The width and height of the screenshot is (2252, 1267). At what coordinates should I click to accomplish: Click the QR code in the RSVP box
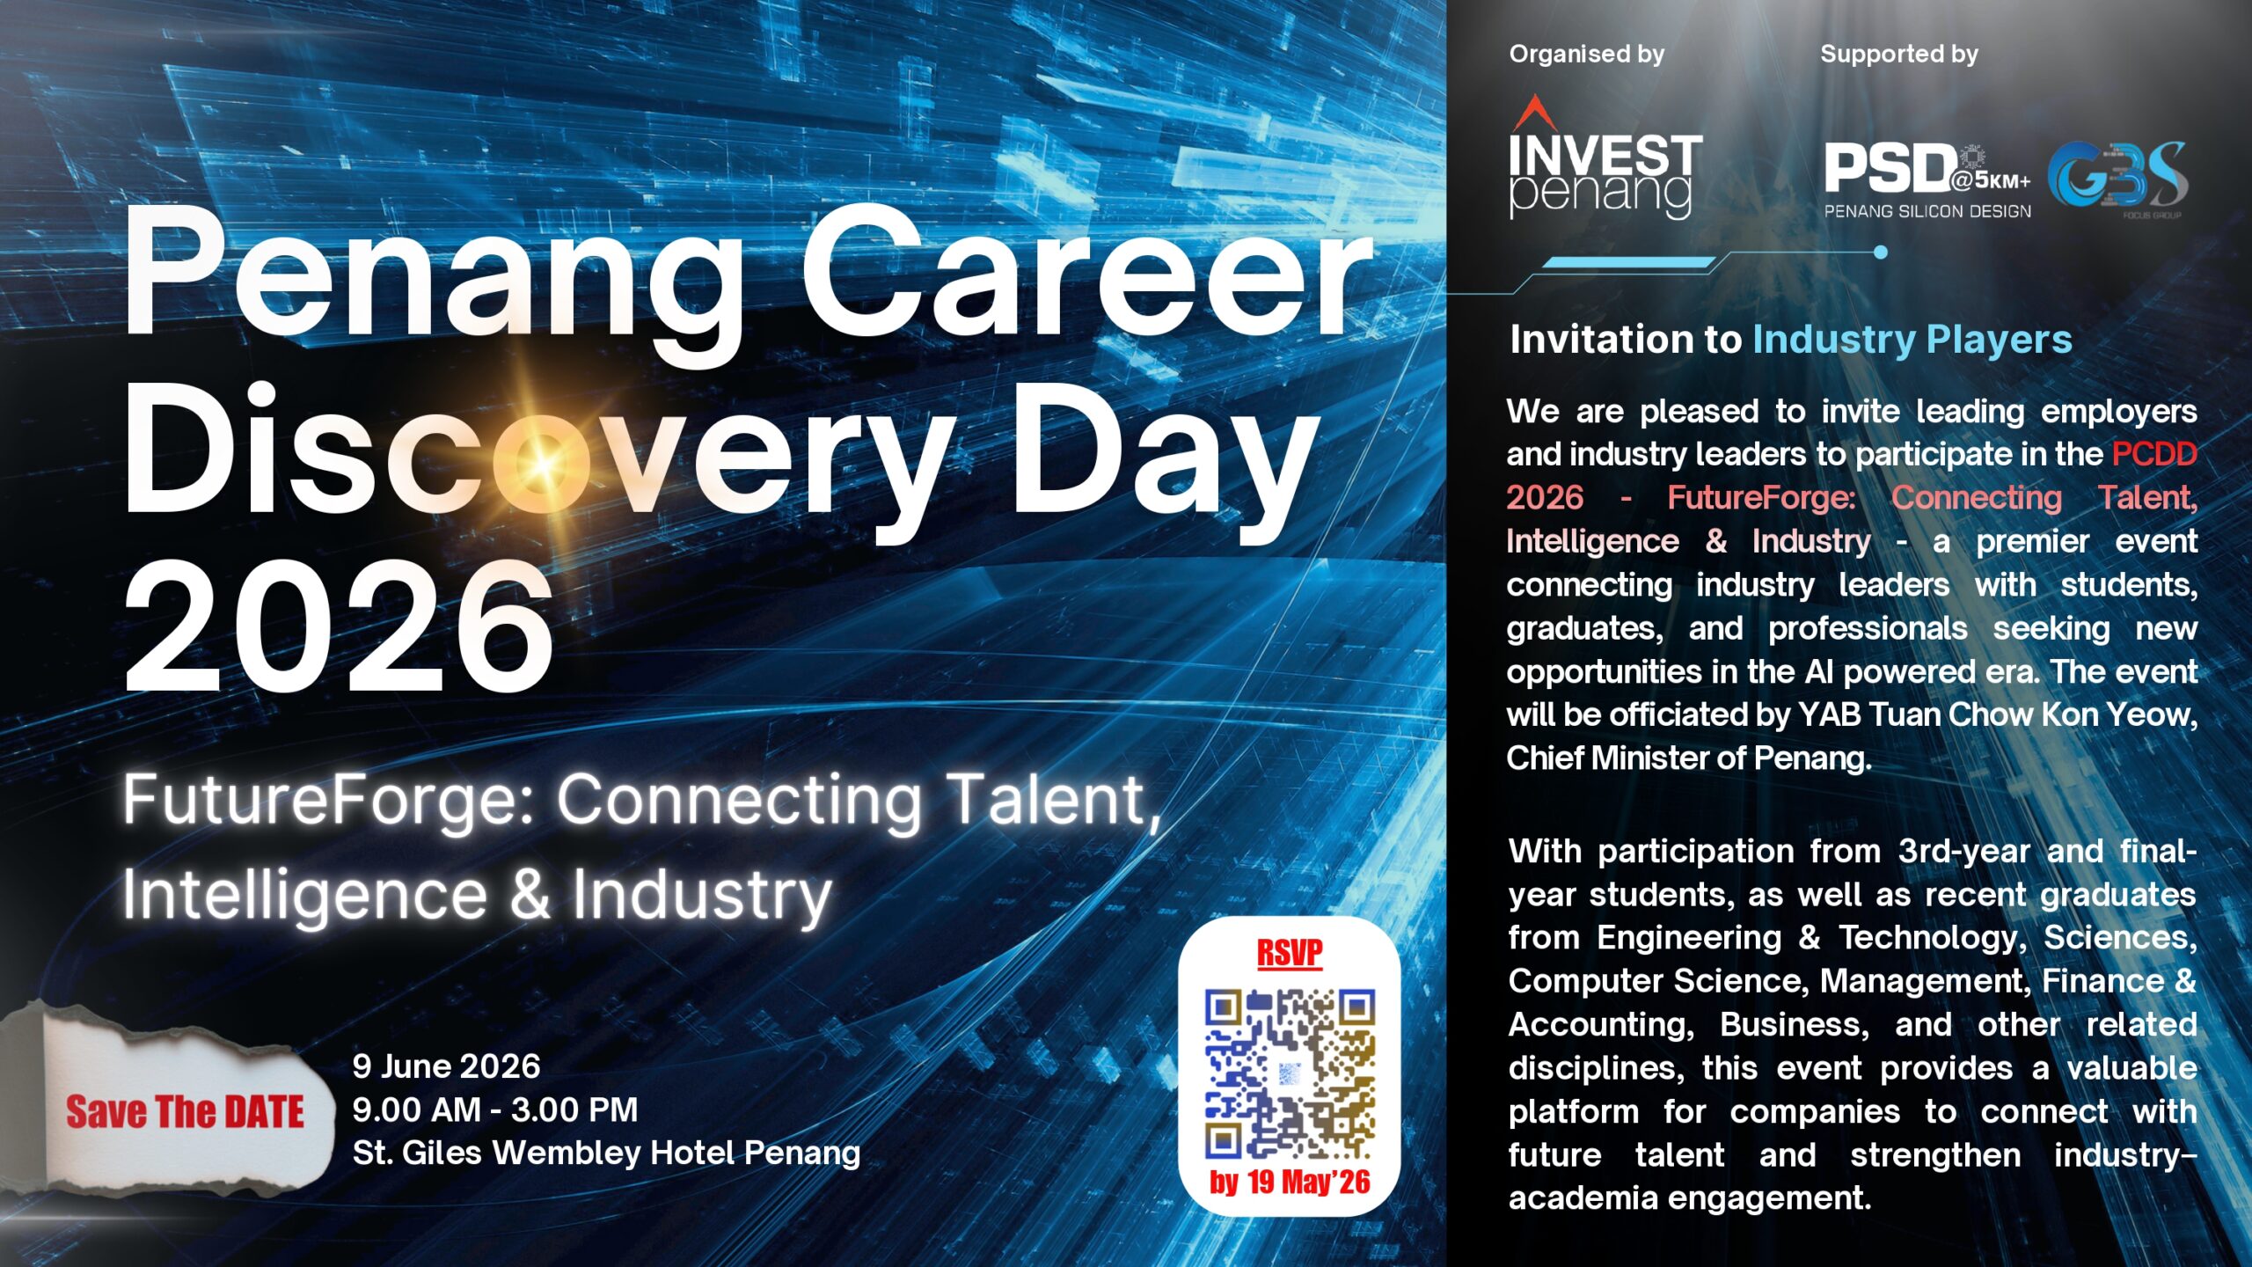[x=1290, y=1073]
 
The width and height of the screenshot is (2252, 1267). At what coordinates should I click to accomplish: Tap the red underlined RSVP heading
[x=1290, y=953]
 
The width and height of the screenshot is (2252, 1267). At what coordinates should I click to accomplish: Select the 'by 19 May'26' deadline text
[x=1290, y=1182]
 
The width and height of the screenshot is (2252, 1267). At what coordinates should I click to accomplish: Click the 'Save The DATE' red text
[x=185, y=1112]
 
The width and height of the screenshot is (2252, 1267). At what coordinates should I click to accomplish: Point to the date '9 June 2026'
[x=446, y=1066]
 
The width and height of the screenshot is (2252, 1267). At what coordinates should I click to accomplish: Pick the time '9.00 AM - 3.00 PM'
[x=495, y=1110]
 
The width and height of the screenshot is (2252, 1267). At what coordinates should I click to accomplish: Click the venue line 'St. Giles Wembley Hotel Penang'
[x=606, y=1153]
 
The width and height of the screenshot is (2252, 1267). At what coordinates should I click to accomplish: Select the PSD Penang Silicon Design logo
[x=1927, y=180]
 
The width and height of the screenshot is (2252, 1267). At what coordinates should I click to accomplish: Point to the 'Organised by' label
[x=1587, y=55]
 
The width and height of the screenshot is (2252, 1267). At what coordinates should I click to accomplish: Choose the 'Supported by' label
[x=1899, y=55]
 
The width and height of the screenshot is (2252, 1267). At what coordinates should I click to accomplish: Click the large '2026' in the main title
[x=339, y=626]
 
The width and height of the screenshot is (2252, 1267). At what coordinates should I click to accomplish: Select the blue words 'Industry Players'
[x=1912, y=341]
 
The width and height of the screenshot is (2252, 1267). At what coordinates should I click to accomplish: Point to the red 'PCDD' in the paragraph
[x=2154, y=454]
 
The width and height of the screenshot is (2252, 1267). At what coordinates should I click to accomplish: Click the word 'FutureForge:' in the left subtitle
[x=330, y=800]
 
